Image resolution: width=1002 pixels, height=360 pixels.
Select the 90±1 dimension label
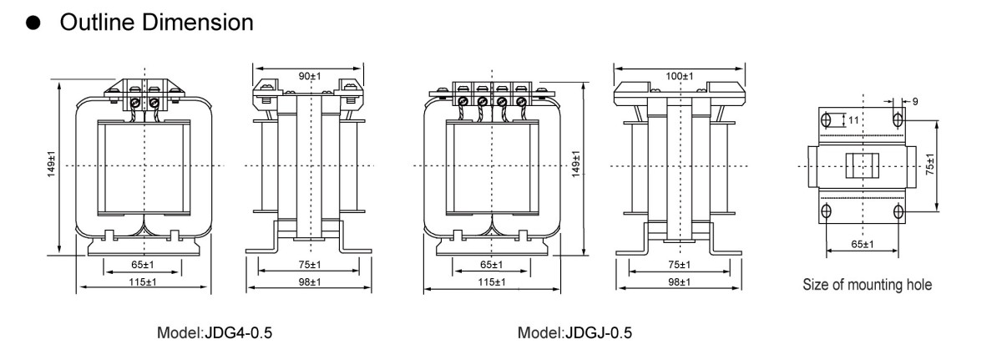[310, 76]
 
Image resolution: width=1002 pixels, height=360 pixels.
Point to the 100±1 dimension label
[680, 76]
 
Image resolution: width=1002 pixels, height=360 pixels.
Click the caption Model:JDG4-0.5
[215, 334]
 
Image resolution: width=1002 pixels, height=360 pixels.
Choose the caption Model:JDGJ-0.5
[575, 334]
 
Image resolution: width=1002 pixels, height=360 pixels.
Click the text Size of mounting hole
[868, 285]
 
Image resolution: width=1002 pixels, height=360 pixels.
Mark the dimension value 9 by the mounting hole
[915, 102]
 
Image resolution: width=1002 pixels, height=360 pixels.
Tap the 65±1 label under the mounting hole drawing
[862, 244]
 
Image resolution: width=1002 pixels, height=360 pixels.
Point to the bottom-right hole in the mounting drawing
[898, 210]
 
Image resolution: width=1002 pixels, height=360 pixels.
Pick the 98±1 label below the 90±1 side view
[310, 282]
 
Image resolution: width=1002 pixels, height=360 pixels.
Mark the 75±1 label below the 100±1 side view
[678, 265]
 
